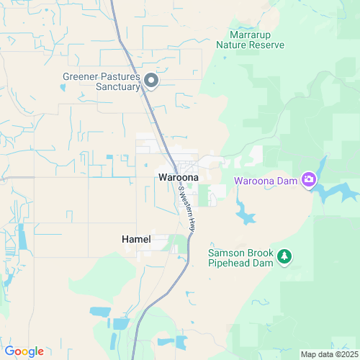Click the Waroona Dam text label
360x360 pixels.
click(266, 181)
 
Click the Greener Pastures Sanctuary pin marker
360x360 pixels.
click(151, 81)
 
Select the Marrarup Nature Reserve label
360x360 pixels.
click(251, 39)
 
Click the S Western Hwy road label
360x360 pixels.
click(187, 208)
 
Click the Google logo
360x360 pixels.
click(24, 351)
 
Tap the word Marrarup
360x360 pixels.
click(251, 34)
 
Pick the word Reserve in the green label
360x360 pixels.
click(266, 45)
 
